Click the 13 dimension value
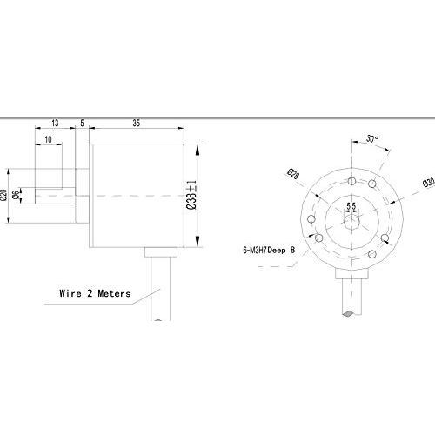coord(55,123)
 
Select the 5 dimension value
coord(82,123)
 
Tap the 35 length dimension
coord(137,123)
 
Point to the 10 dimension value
coord(48,139)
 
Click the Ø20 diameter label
coord(3,195)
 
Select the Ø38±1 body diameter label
coord(191,195)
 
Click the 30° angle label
coord(372,138)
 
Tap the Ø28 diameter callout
coord(293,173)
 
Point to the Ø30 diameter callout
coord(429,182)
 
